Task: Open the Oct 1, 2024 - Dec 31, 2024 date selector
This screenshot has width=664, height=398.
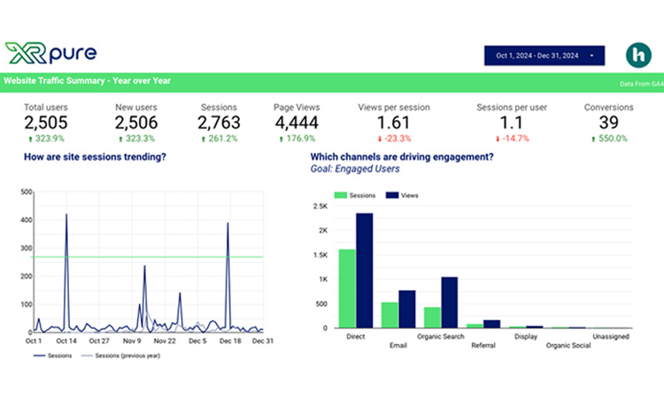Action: click(x=544, y=56)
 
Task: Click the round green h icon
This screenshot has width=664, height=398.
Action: click(x=637, y=55)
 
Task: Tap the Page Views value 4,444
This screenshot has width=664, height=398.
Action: click(x=297, y=122)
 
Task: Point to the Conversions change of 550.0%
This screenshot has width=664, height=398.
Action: click(x=608, y=139)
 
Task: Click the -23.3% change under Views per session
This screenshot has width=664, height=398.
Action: click(x=394, y=139)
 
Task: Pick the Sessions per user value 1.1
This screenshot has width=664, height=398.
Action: click(x=512, y=122)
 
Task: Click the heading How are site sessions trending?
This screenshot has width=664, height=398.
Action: click(x=95, y=157)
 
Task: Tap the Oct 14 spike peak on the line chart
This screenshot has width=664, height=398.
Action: click(x=66, y=215)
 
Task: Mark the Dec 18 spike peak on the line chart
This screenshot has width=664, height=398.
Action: click(x=228, y=223)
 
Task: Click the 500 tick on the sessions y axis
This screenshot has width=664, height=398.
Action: click(x=26, y=191)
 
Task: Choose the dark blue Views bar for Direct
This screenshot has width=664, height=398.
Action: click(x=364, y=271)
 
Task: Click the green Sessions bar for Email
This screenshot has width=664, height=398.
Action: click(x=390, y=315)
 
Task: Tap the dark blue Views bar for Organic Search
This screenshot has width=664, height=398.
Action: click(x=450, y=302)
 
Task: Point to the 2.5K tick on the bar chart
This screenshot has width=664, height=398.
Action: click(x=320, y=206)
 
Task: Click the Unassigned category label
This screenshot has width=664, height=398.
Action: click(x=612, y=336)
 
